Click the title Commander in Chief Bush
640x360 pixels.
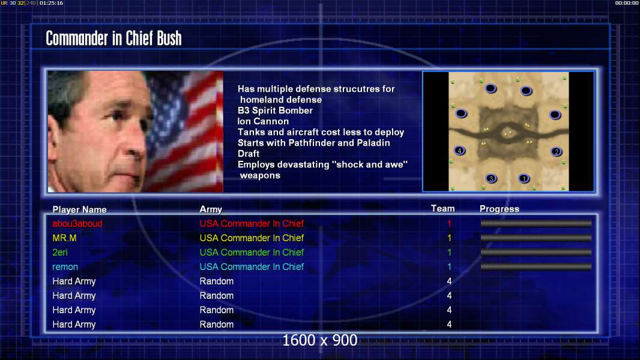coord(113,38)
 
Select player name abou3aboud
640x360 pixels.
coord(77,223)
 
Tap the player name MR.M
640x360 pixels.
coord(64,238)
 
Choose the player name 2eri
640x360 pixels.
coord(60,253)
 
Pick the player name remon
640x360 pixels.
coord(65,267)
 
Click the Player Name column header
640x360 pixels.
coord(80,209)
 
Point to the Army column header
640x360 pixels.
coord(211,209)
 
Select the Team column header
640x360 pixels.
coord(443,209)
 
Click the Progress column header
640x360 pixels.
coord(500,209)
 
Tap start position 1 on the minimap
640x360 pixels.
coord(524,178)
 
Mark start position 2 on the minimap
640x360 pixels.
coord(557,152)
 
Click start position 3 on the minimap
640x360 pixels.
coord(491,178)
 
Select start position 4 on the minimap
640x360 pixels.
coord(460,151)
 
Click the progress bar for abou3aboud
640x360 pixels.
coord(536,223)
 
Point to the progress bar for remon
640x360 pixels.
coord(536,267)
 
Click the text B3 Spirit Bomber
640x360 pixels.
coord(275,110)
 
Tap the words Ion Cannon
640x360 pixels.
coord(264,121)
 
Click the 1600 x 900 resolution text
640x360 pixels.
coord(319,340)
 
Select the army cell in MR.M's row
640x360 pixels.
coord(252,238)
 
